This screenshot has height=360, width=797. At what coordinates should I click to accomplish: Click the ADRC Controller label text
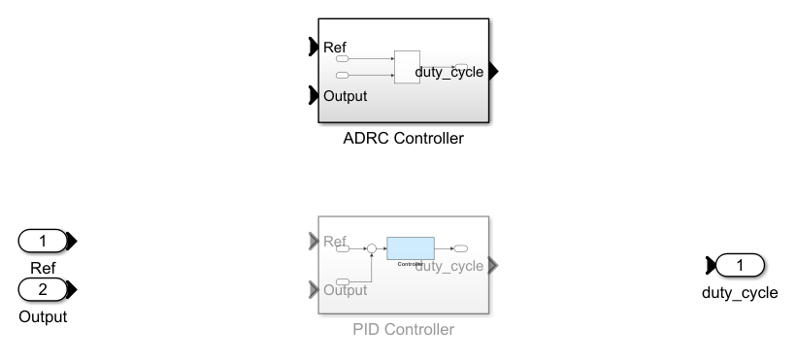(x=403, y=139)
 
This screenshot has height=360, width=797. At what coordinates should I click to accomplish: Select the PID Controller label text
(x=403, y=330)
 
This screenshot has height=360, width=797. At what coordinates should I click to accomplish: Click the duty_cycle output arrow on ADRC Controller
(x=493, y=71)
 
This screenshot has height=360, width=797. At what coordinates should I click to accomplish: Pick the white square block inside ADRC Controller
(x=407, y=67)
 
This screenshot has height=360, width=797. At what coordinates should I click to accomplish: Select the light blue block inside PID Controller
(x=410, y=247)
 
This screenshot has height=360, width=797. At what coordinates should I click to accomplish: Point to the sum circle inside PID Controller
(x=370, y=248)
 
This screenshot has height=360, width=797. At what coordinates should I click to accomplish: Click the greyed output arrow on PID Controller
(x=493, y=265)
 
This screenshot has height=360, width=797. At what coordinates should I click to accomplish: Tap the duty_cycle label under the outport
(x=739, y=292)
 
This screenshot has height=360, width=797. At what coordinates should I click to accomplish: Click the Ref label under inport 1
(x=43, y=268)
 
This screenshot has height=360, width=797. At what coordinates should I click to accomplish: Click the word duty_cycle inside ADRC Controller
(x=448, y=72)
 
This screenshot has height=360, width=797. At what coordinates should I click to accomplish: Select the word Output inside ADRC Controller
(x=345, y=96)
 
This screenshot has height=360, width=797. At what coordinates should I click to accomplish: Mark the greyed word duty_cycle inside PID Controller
(x=448, y=266)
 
